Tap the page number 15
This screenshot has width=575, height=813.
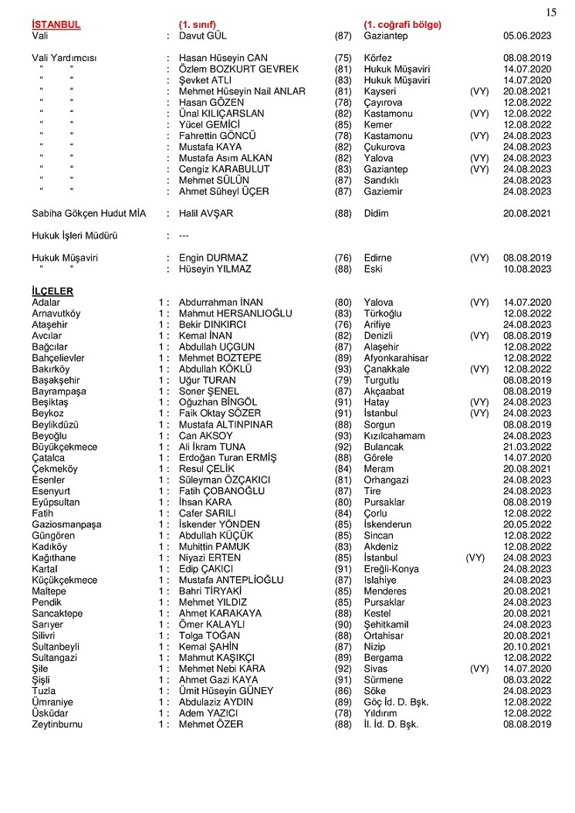[x=551, y=11]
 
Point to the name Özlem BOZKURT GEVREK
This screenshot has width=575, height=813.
[x=238, y=69]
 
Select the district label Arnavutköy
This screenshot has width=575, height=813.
[x=56, y=313]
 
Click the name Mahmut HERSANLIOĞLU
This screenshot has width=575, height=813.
[x=235, y=313]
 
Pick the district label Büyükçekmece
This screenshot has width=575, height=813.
[x=65, y=447]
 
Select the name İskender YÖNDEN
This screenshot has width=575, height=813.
[x=219, y=525]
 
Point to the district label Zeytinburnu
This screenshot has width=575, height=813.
[x=58, y=725]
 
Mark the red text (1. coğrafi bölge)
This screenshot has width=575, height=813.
[x=402, y=25]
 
